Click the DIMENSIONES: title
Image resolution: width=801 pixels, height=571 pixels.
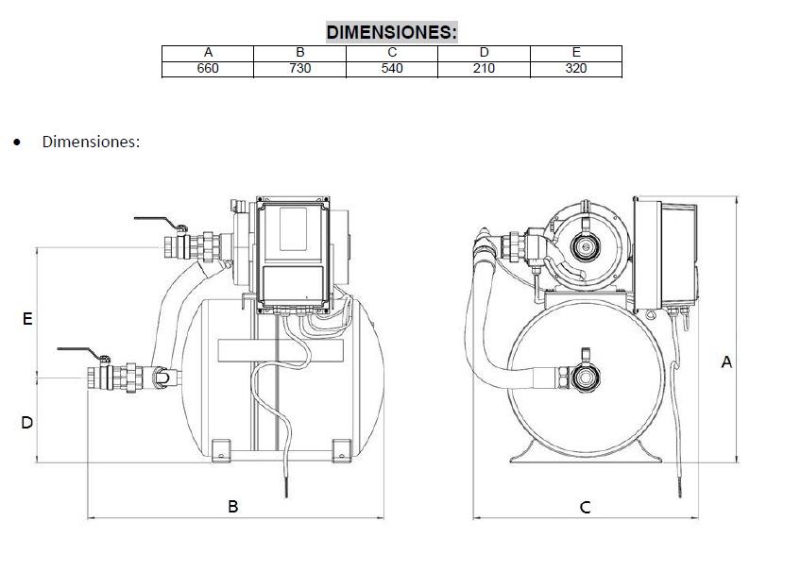point(391,32)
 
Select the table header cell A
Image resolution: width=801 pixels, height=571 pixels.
point(208,53)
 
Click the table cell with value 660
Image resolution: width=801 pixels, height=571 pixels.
point(208,68)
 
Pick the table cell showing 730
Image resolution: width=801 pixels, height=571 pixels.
point(299,68)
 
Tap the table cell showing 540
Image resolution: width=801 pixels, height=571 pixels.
point(392,68)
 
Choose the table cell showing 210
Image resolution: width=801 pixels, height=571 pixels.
point(484,68)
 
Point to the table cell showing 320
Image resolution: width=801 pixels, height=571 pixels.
point(575,68)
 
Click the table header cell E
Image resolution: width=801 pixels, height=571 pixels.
point(575,53)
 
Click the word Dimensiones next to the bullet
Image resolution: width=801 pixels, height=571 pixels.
point(91,142)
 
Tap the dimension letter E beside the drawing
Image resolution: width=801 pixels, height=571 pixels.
point(27,320)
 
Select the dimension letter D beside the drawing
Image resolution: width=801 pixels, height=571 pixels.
point(27,423)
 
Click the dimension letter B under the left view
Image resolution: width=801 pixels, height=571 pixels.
point(233,507)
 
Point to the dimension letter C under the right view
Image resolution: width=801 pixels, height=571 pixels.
point(586,508)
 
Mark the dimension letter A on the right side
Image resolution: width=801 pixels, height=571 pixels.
point(726,361)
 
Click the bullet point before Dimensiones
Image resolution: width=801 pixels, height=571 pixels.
point(16,143)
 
